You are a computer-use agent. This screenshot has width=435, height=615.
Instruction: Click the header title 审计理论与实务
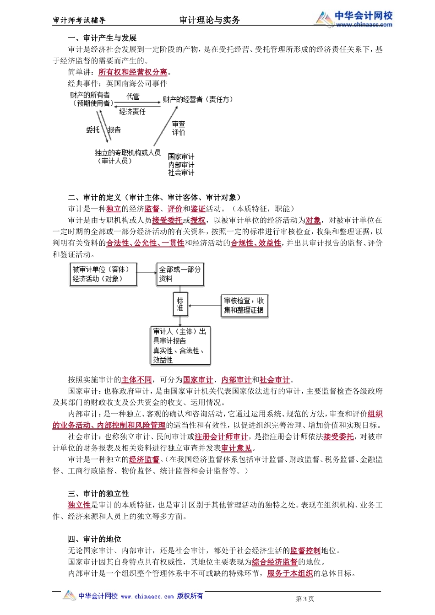210,20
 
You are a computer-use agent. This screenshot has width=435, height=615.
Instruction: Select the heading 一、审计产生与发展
102,38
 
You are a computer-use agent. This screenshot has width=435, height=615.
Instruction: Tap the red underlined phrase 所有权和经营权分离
133,72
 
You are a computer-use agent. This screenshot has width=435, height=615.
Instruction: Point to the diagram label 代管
133,97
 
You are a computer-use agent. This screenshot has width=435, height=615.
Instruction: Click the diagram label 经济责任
132,112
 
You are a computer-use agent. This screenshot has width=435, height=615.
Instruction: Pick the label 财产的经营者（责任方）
198,99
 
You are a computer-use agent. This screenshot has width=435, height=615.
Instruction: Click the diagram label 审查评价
179,128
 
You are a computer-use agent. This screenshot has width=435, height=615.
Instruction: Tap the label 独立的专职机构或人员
128,153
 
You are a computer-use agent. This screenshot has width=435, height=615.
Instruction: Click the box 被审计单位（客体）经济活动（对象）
103,275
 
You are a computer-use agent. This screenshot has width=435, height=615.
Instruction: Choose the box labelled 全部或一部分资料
180,275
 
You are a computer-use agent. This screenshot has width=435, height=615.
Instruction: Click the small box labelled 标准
180,304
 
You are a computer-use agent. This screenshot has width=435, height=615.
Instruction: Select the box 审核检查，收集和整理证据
244,306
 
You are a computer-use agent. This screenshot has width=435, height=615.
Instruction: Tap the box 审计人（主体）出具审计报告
180,345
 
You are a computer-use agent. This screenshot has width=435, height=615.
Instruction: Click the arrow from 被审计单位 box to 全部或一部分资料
147,273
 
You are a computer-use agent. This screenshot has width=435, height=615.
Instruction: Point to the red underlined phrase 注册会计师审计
221,437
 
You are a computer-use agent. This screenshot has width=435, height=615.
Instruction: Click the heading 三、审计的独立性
98,494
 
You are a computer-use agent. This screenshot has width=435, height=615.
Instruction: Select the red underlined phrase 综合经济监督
275,562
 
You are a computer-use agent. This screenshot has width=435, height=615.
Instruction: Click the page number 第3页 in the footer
305,599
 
